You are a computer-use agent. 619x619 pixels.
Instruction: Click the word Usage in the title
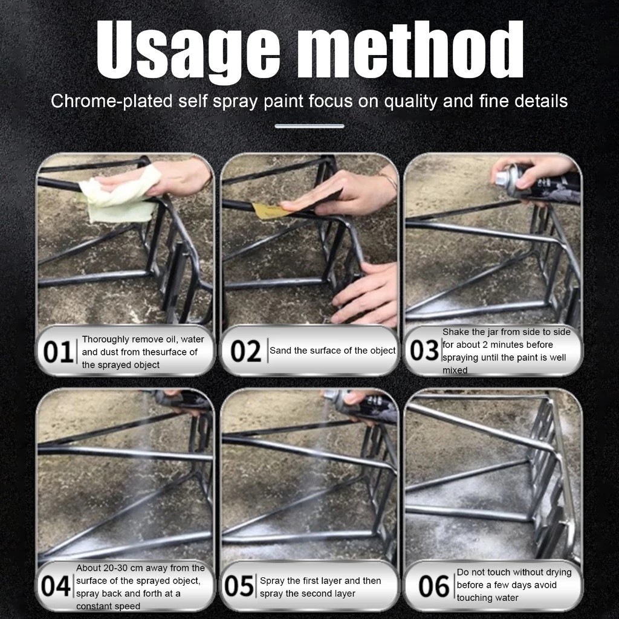tap(188, 51)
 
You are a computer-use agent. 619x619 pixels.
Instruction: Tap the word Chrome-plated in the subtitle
tap(112, 101)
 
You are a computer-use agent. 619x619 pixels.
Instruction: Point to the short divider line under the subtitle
tap(309, 126)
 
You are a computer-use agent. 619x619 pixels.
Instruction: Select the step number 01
tap(57, 351)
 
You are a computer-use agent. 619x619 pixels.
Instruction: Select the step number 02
tap(245, 351)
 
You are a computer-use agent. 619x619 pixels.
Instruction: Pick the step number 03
tap(424, 350)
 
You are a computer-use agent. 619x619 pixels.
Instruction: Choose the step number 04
tap(56, 586)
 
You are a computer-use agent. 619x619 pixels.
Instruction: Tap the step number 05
tap(239, 586)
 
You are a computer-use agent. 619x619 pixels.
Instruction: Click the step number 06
tap(434, 586)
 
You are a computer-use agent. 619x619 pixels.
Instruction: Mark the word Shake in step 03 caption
tap(456, 332)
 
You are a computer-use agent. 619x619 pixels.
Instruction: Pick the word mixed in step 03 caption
tap(455, 371)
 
